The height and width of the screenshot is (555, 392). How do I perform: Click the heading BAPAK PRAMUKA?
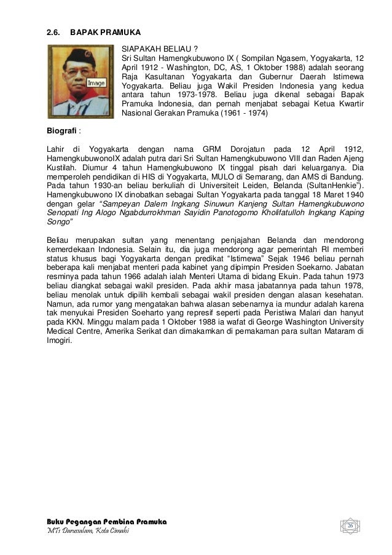tap(106, 31)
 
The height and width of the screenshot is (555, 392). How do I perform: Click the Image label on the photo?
tap(96, 82)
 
